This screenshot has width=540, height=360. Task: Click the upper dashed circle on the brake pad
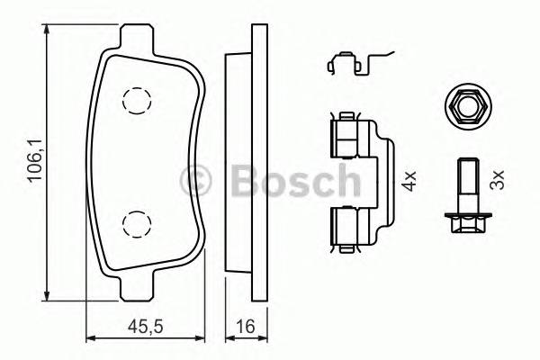(x=137, y=102)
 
